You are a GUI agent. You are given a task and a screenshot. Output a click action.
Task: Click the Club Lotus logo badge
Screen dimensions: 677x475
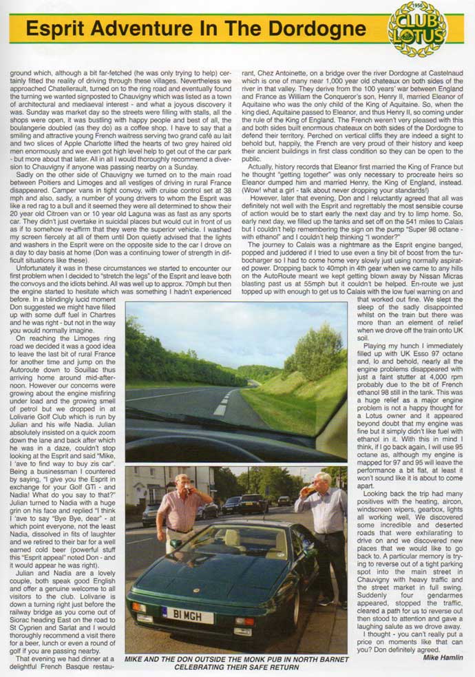coord(417,28)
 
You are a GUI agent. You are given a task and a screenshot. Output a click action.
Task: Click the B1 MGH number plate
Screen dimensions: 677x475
coord(187,613)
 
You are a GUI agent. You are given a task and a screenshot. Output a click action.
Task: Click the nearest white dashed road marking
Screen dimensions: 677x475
coord(220,409)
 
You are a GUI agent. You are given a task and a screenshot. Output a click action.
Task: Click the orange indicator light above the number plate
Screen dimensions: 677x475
coord(140,607)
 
